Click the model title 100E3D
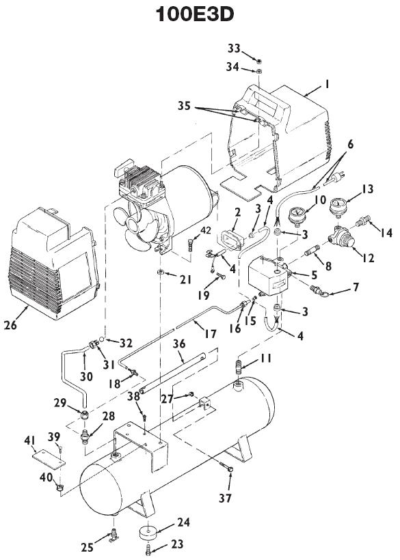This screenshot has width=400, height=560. (200, 15)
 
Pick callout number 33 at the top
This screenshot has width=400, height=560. (234, 48)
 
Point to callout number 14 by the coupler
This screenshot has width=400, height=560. (386, 233)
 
